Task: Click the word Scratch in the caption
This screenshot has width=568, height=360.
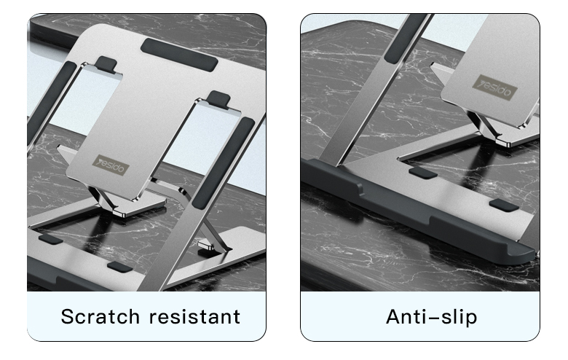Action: [x=100, y=317]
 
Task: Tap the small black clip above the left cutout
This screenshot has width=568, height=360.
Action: [x=107, y=63]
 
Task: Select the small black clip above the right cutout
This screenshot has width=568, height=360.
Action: [x=218, y=96]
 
